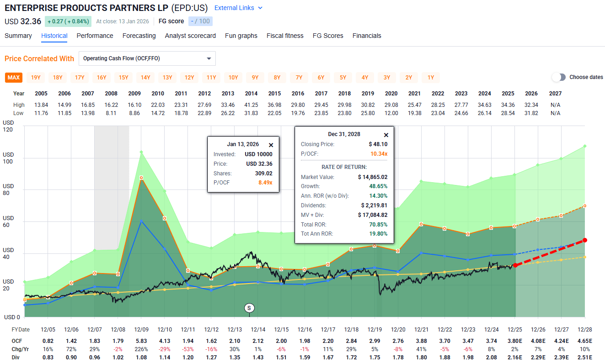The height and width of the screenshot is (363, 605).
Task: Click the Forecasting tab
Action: (x=139, y=36)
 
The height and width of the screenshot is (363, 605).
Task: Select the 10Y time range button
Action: (x=233, y=77)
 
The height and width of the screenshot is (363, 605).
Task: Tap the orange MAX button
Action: (x=14, y=77)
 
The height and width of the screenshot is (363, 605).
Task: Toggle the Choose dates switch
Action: (x=559, y=77)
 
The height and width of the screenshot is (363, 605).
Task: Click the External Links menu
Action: (x=238, y=8)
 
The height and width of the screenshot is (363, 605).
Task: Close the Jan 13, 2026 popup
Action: (x=271, y=145)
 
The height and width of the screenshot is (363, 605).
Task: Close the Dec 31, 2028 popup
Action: (x=385, y=135)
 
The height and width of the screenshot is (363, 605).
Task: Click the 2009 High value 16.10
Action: (x=134, y=105)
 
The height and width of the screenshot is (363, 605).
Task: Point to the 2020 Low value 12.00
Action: (x=391, y=113)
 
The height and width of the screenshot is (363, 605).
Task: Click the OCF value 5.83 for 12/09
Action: (x=141, y=341)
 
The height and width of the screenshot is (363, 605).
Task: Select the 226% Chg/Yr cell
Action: (x=141, y=349)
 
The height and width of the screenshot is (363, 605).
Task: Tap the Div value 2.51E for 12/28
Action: (x=585, y=357)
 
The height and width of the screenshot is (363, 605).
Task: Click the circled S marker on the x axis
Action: (x=249, y=308)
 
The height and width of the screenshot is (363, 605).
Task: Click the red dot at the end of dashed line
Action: (x=585, y=240)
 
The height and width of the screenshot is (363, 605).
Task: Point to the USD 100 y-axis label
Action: (x=8, y=158)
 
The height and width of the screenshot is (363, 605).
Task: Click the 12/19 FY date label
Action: (x=375, y=330)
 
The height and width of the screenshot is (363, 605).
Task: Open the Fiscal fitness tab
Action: (x=285, y=36)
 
